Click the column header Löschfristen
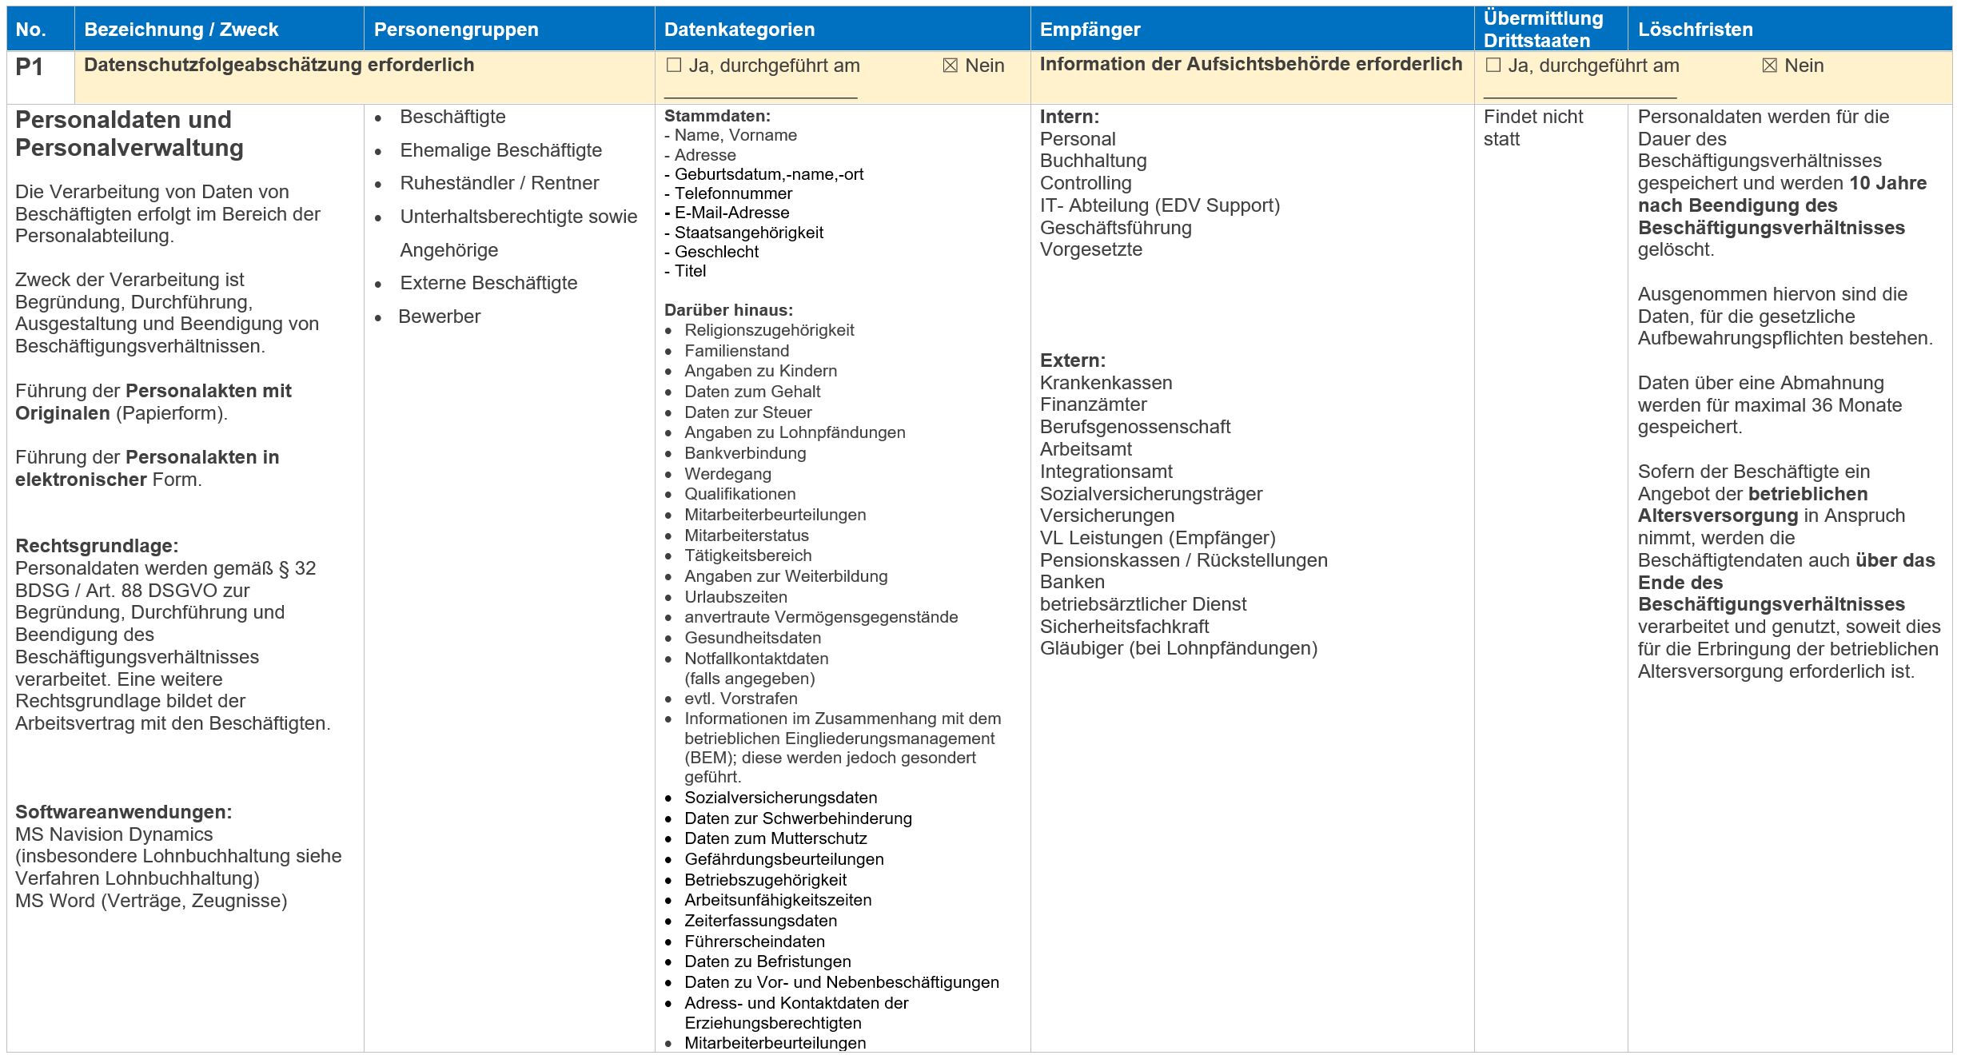(x=1695, y=30)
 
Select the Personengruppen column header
(x=456, y=30)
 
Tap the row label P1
(x=29, y=67)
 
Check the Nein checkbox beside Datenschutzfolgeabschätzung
(x=950, y=66)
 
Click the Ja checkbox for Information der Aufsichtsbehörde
(x=1493, y=66)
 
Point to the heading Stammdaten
(x=717, y=116)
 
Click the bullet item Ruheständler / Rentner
(x=499, y=183)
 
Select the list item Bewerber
(x=439, y=317)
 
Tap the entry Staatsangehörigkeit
(x=748, y=233)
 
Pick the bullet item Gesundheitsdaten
(x=752, y=638)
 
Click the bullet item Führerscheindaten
(x=754, y=942)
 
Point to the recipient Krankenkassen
(x=1106, y=383)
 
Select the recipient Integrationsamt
(x=1106, y=472)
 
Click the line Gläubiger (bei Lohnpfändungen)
(x=1178, y=648)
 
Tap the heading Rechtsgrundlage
(x=97, y=546)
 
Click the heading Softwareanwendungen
(x=123, y=812)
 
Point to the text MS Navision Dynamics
(x=114, y=834)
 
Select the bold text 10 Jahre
(x=1887, y=183)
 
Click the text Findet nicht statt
(x=1532, y=128)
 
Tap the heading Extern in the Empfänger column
(x=1072, y=360)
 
